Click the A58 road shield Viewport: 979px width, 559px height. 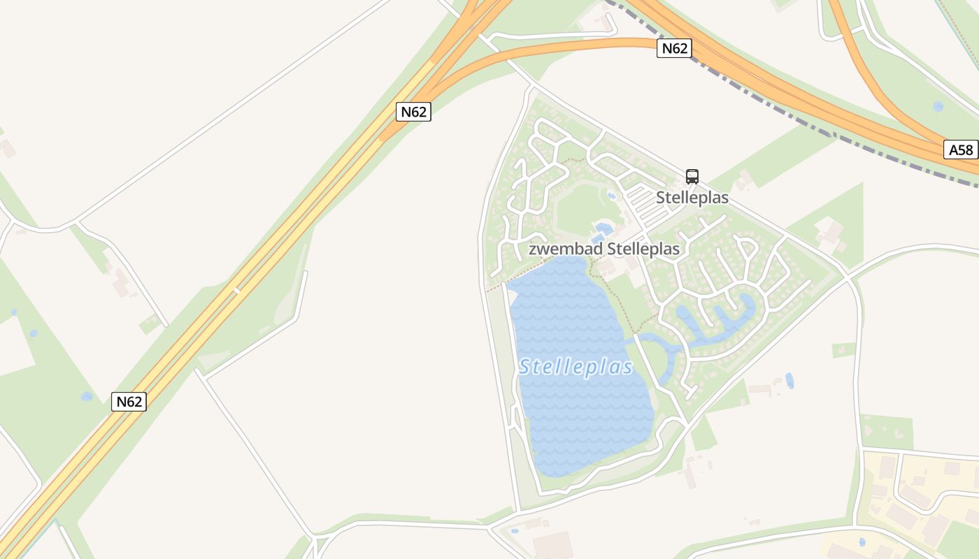961,150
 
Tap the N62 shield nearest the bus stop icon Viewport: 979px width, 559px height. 674,48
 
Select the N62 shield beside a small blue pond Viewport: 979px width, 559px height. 129,402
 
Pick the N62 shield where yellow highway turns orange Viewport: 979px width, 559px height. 413,112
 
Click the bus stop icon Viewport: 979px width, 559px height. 692,177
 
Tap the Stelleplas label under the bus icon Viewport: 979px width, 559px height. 692,198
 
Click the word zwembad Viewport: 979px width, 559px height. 565,249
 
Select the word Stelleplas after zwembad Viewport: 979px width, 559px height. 643,249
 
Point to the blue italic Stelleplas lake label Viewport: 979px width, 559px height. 576,368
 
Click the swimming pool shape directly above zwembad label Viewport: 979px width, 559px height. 603,229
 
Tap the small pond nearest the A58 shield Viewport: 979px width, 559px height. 938,107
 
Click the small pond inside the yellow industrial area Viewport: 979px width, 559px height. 862,542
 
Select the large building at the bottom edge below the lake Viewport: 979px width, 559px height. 552,545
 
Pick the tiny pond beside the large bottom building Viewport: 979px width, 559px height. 515,531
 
